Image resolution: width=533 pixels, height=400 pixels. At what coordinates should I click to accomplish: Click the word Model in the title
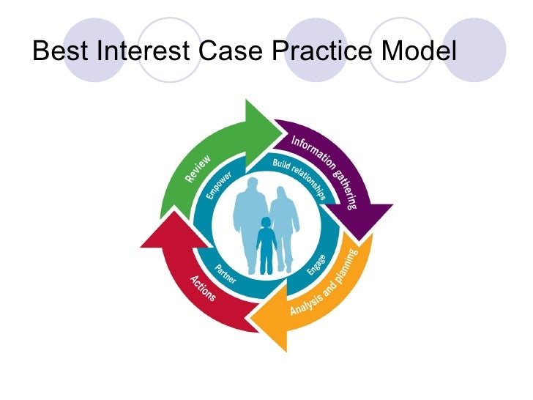tap(422, 52)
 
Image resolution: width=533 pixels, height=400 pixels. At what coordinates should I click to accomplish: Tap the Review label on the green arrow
tap(198, 168)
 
